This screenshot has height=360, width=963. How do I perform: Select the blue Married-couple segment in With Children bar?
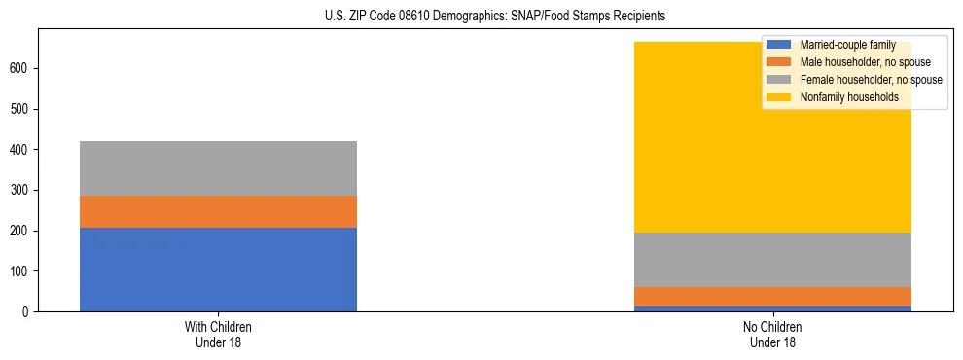218,270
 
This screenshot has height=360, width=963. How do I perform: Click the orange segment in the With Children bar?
218,211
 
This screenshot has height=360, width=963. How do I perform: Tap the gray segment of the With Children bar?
218,168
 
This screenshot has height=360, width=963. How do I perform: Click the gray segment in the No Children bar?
772,260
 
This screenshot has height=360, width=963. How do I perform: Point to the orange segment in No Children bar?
772,297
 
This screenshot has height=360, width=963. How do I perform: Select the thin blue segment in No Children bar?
772,308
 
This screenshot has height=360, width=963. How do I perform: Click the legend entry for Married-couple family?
846,45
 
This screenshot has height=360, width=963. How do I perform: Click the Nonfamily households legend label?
849,97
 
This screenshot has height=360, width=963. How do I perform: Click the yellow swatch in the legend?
779,97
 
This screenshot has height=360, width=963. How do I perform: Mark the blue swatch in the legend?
779,45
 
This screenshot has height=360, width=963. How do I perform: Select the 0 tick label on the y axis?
29,311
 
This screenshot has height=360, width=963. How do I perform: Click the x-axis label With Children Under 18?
218,334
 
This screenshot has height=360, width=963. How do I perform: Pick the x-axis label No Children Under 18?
772,334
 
